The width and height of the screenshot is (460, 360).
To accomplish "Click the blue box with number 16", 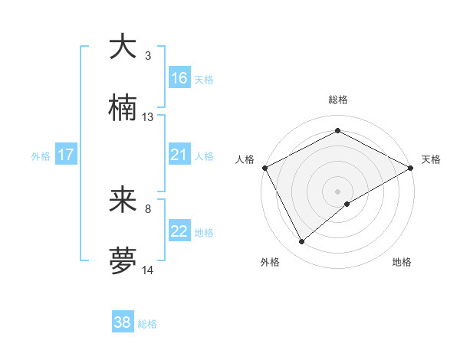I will click(179, 77).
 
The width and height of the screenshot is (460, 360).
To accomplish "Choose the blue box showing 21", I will click(179, 155).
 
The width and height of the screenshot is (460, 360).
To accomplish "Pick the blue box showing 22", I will click(179, 231).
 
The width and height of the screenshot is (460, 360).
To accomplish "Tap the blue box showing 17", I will click(66, 155).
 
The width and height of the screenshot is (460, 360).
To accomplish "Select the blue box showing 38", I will click(123, 322).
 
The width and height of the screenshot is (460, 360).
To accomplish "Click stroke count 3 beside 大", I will click(148, 56).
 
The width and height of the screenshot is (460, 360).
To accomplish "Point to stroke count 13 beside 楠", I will click(148, 117).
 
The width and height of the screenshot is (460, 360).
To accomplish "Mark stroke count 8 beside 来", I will click(148, 208).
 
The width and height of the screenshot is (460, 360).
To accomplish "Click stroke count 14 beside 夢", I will click(148, 270).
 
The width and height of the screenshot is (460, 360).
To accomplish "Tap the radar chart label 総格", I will click(337, 100).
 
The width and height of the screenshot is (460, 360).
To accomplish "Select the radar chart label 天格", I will click(431, 159).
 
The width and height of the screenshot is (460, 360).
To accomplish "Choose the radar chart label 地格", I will click(402, 262).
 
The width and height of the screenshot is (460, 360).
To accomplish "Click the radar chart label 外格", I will click(270, 262).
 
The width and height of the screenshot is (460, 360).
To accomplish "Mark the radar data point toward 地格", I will click(347, 204).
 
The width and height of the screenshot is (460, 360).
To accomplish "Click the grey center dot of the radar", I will click(337, 191).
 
